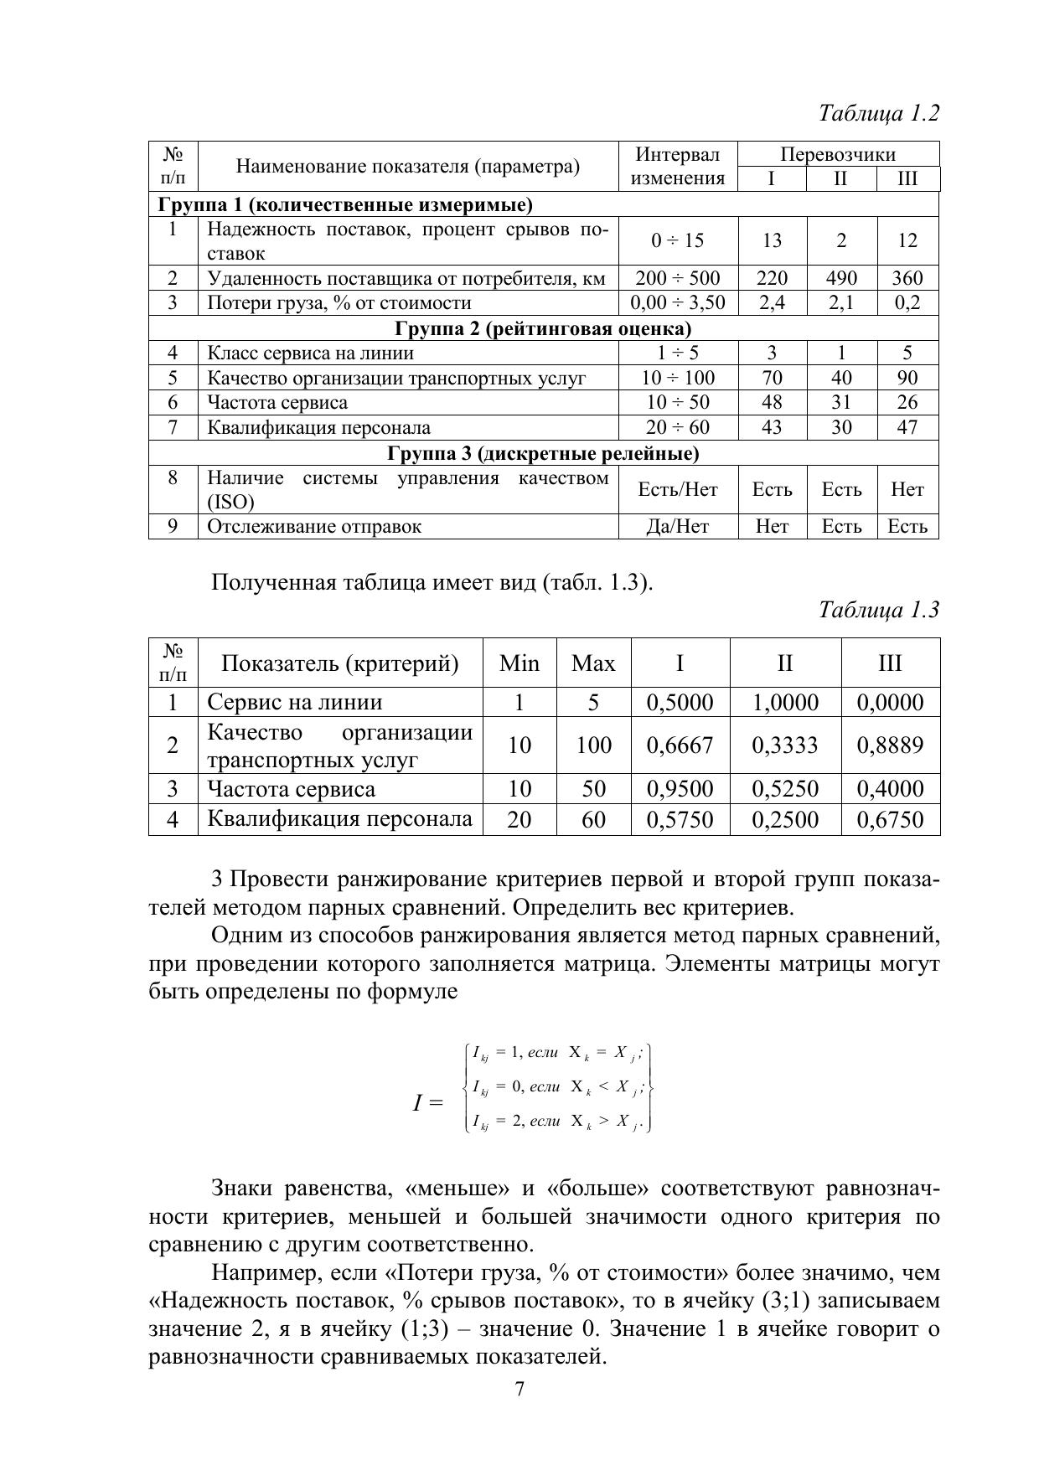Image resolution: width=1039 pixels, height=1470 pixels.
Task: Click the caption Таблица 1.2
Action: pyautogui.click(x=879, y=113)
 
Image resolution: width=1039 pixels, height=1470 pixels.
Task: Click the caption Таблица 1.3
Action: pyautogui.click(x=879, y=609)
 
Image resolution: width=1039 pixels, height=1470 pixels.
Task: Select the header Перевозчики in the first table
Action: pyautogui.click(x=838, y=154)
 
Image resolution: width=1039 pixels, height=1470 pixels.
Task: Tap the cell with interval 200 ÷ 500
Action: pyautogui.click(x=677, y=278)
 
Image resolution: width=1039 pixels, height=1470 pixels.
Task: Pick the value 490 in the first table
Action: pyautogui.click(x=841, y=278)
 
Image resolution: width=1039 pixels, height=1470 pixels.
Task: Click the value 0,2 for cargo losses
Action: pyautogui.click(x=907, y=302)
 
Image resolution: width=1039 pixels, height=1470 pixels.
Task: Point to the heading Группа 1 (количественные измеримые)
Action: pyautogui.click(x=345, y=204)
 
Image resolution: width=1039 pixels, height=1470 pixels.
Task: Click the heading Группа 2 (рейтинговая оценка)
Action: pyautogui.click(x=543, y=328)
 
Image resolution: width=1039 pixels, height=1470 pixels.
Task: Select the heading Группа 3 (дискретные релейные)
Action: pyautogui.click(x=543, y=453)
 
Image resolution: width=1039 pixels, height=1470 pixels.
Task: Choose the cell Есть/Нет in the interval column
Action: pyautogui.click(x=677, y=489)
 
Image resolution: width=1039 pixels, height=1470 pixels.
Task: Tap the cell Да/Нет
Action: pyautogui.click(x=677, y=526)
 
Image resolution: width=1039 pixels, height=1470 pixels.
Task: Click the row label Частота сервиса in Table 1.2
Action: pyautogui.click(x=277, y=402)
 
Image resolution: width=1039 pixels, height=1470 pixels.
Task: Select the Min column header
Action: pyautogui.click(x=519, y=663)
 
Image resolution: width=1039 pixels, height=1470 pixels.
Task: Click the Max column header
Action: pyautogui.click(x=593, y=663)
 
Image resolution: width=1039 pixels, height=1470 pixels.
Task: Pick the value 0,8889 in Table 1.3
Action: pyautogui.click(x=890, y=745)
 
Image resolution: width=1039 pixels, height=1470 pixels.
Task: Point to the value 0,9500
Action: pyautogui.click(x=680, y=789)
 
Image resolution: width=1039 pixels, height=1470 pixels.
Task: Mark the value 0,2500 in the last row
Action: pyautogui.click(x=785, y=819)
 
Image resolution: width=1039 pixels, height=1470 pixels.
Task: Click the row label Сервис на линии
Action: pyautogui.click(x=294, y=702)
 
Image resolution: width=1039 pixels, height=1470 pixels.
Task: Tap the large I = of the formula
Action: pyautogui.click(x=427, y=1102)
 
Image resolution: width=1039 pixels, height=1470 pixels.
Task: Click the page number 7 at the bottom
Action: pyautogui.click(x=519, y=1389)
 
